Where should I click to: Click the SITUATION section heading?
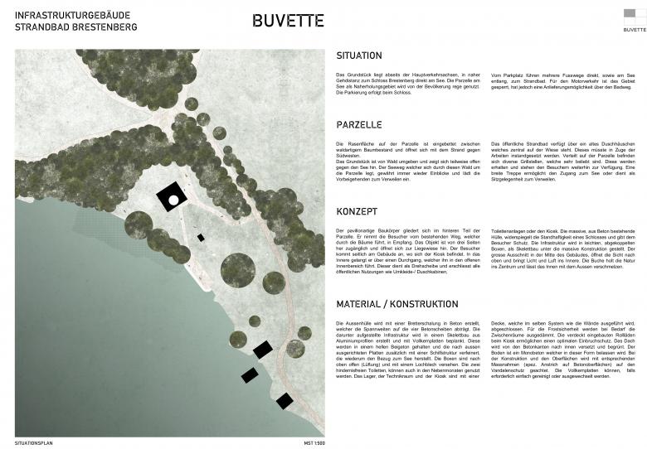(x=359, y=56)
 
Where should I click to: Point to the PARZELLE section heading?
(x=358, y=124)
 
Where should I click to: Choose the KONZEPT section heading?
(x=357, y=211)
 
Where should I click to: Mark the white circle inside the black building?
(x=173, y=200)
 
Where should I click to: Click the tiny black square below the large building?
(x=201, y=238)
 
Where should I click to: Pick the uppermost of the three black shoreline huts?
(x=263, y=350)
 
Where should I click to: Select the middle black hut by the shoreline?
(x=249, y=375)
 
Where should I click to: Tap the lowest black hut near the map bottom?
(x=285, y=401)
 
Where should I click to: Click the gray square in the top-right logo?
(x=635, y=13)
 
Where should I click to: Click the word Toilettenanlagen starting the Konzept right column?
(x=513, y=228)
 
